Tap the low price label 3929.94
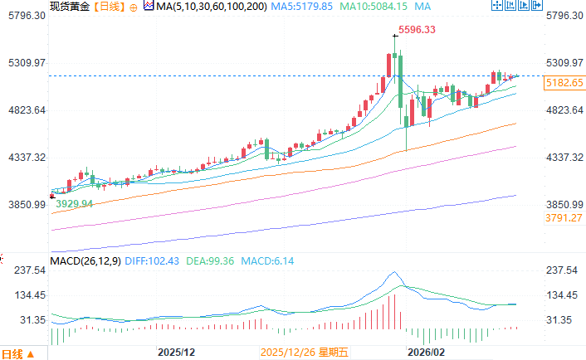[74, 203]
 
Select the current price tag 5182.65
[564, 83]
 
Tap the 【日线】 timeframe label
[108, 7]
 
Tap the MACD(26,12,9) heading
[85, 261]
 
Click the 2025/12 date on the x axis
[175, 353]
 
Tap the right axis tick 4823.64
[563, 110]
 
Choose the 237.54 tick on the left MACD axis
[27, 270]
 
